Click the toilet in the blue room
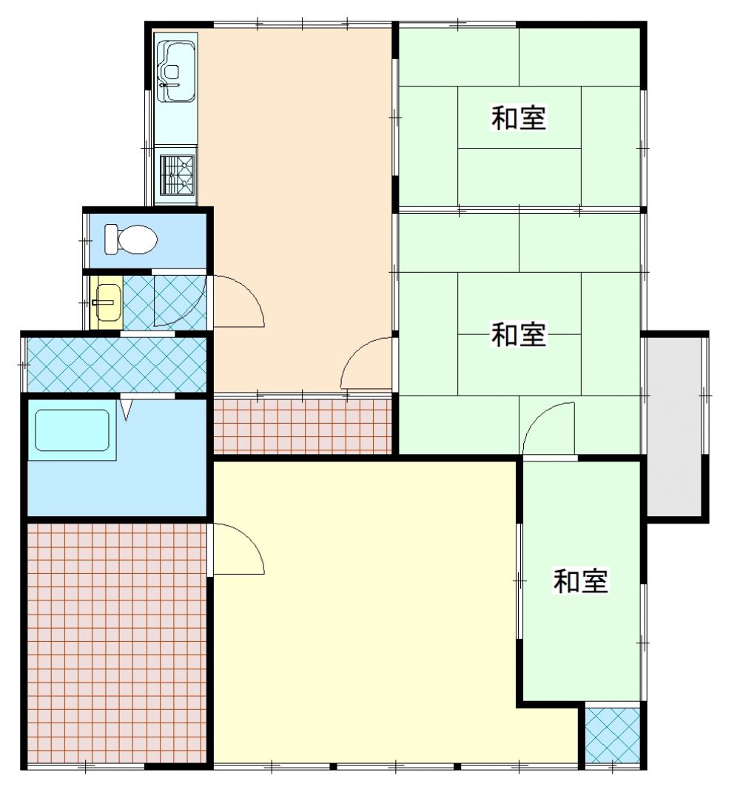point(130,239)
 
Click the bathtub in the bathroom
point(72,430)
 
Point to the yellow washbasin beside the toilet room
point(107,302)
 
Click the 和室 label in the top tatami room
point(518,118)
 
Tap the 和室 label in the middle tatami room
point(518,334)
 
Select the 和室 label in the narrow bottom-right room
point(580,581)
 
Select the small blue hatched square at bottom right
point(612,735)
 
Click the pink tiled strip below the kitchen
point(302,426)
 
